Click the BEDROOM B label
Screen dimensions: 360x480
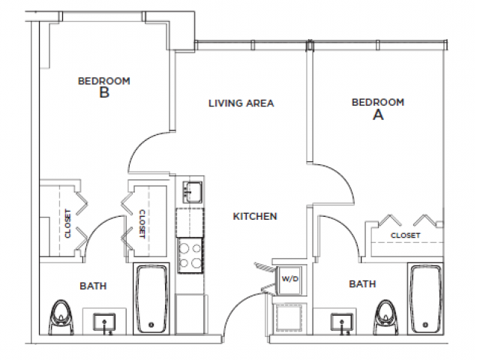[104, 86]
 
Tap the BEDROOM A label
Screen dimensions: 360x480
[378, 108]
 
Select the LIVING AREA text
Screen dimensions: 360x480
[241, 103]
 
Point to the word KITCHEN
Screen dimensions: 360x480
[255, 216]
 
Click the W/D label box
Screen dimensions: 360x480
[289, 278]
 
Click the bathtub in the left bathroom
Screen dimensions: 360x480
[151, 298]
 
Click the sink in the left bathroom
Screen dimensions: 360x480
[103, 323]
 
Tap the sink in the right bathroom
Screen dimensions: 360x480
[343, 323]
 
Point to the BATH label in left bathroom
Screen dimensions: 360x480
[93, 286]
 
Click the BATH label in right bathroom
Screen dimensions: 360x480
[362, 284]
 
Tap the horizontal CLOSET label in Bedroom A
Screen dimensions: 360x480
[405, 235]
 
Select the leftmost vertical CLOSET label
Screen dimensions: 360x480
[67, 223]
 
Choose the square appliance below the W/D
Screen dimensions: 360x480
[289, 316]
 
